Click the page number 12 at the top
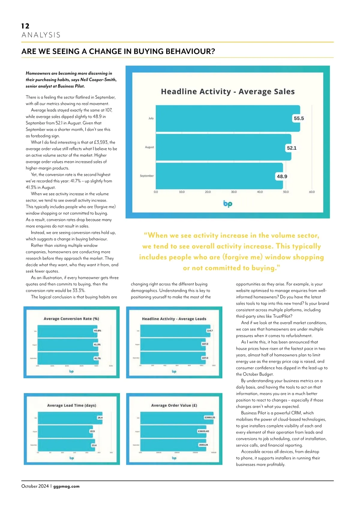(25, 26)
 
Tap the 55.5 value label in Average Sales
(298, 118)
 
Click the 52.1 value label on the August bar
(291, 148)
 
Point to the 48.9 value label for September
(282, 176)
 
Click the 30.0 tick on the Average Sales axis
(234, 192)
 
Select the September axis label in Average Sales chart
(147, 176)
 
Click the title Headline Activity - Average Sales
(228, 92)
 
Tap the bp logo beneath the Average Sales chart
(228, 204)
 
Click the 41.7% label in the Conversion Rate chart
(97, 358)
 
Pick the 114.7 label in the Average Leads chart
(209, 331)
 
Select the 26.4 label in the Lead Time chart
(100, 418)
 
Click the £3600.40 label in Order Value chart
(203, 431)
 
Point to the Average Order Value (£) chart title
(174, 405)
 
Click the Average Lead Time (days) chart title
(72, 405)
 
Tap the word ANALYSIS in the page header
(41, 35)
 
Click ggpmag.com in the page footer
(66, 486)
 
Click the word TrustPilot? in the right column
(282, 316)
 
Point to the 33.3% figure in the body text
(79, 291)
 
